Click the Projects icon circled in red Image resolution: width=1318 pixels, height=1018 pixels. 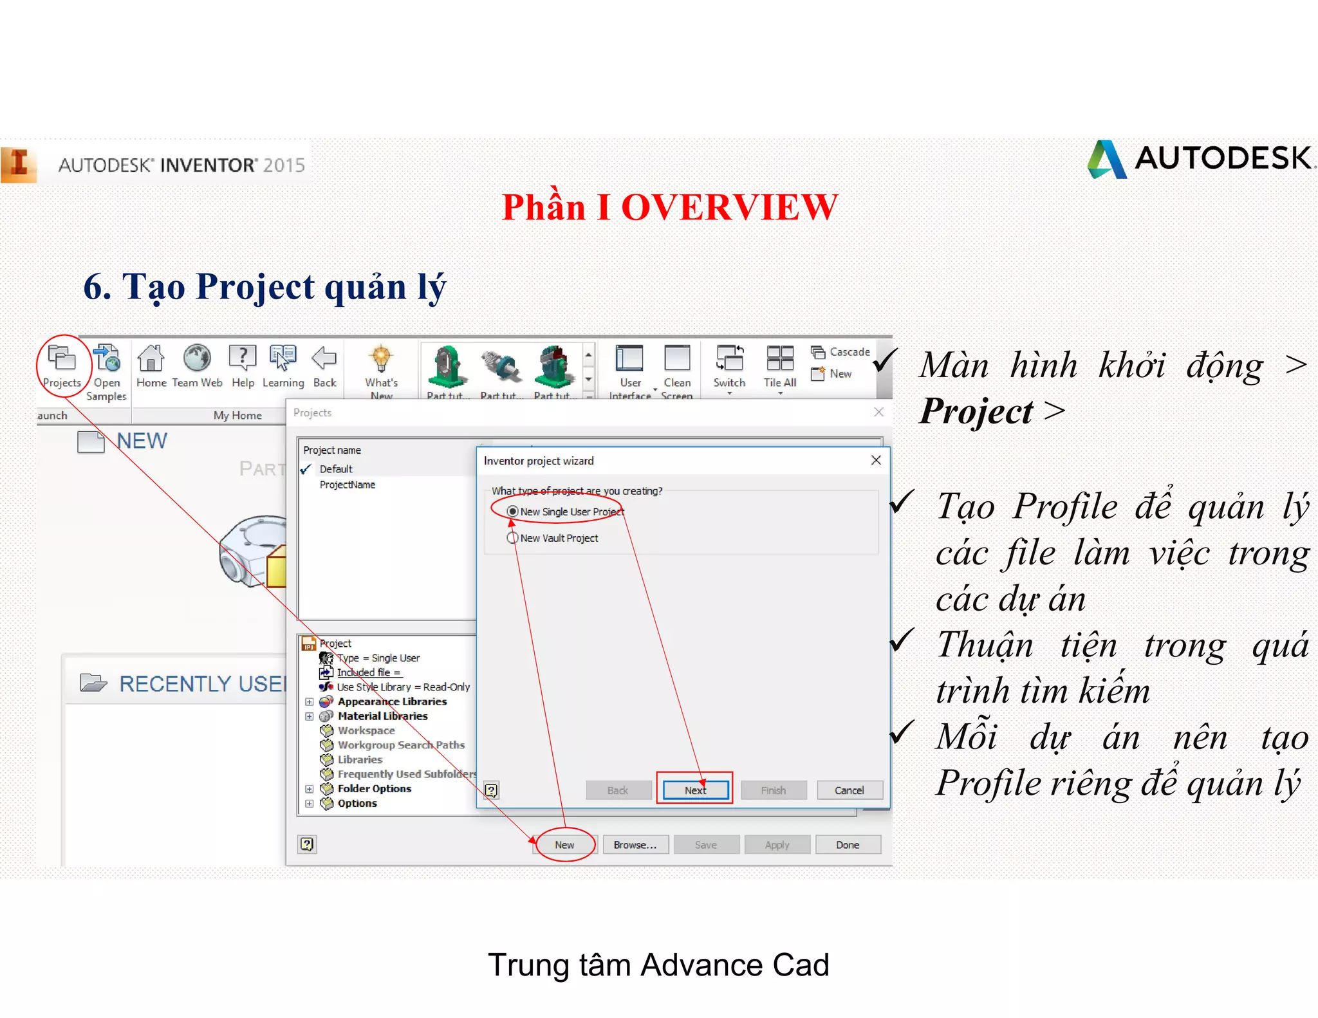(x=62, y=360)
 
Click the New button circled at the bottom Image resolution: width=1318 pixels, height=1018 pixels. (x=564, y=845)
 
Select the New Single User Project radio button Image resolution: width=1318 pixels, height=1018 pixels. (x=513, y=512)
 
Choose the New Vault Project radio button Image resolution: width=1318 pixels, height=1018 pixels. (x=513, y=538)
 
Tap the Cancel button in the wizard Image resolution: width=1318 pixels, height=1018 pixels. (x=849, y=790)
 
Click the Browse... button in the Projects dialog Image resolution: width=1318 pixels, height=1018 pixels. (x=635, y=845)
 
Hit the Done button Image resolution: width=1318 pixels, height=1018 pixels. (x=848, y=845)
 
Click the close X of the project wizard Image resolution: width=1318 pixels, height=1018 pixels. (x=876, y=460)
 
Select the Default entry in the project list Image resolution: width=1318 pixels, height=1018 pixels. (x=336, y=469)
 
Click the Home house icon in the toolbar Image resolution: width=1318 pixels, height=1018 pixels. (x=151, y=359)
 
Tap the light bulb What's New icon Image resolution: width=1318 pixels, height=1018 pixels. (x=381, y=358)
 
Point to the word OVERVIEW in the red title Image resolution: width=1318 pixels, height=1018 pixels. (x=729, y=208)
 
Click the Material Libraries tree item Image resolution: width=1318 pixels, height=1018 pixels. (x=382, y=716)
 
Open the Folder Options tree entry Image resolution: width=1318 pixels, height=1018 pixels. (x=374, y=789)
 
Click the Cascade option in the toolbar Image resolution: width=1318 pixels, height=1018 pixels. (x=849, y=352)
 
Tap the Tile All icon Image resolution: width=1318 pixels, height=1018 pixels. (x=780, y=359)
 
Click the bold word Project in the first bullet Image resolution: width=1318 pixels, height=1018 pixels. (x=976, y=412)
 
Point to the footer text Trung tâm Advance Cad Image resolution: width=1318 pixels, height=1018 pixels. (x=658, y=965)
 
